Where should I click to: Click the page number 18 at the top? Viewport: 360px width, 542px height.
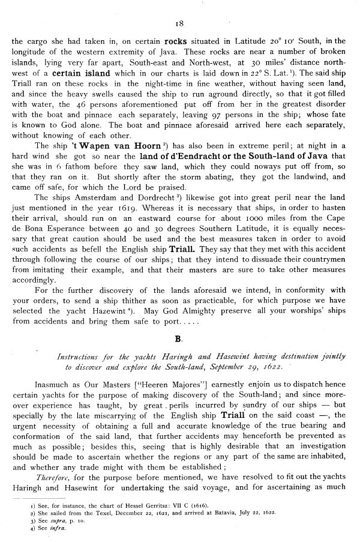[179, 25]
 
